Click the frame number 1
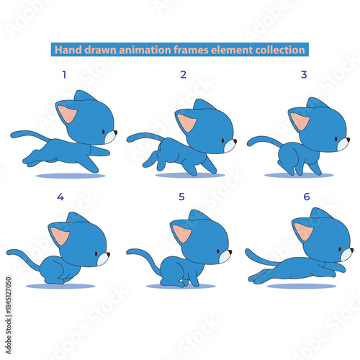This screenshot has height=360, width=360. click(64, 74)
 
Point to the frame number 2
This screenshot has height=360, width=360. click(183, 74)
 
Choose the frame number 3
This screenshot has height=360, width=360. click(304, 74)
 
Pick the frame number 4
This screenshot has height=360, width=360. click(60, 196)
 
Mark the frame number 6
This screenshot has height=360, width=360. click(306, 196)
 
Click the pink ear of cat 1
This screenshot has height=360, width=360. click(68, 114)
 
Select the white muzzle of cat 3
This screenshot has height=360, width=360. click(342, 144)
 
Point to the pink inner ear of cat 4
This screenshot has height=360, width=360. click(60, 235)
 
